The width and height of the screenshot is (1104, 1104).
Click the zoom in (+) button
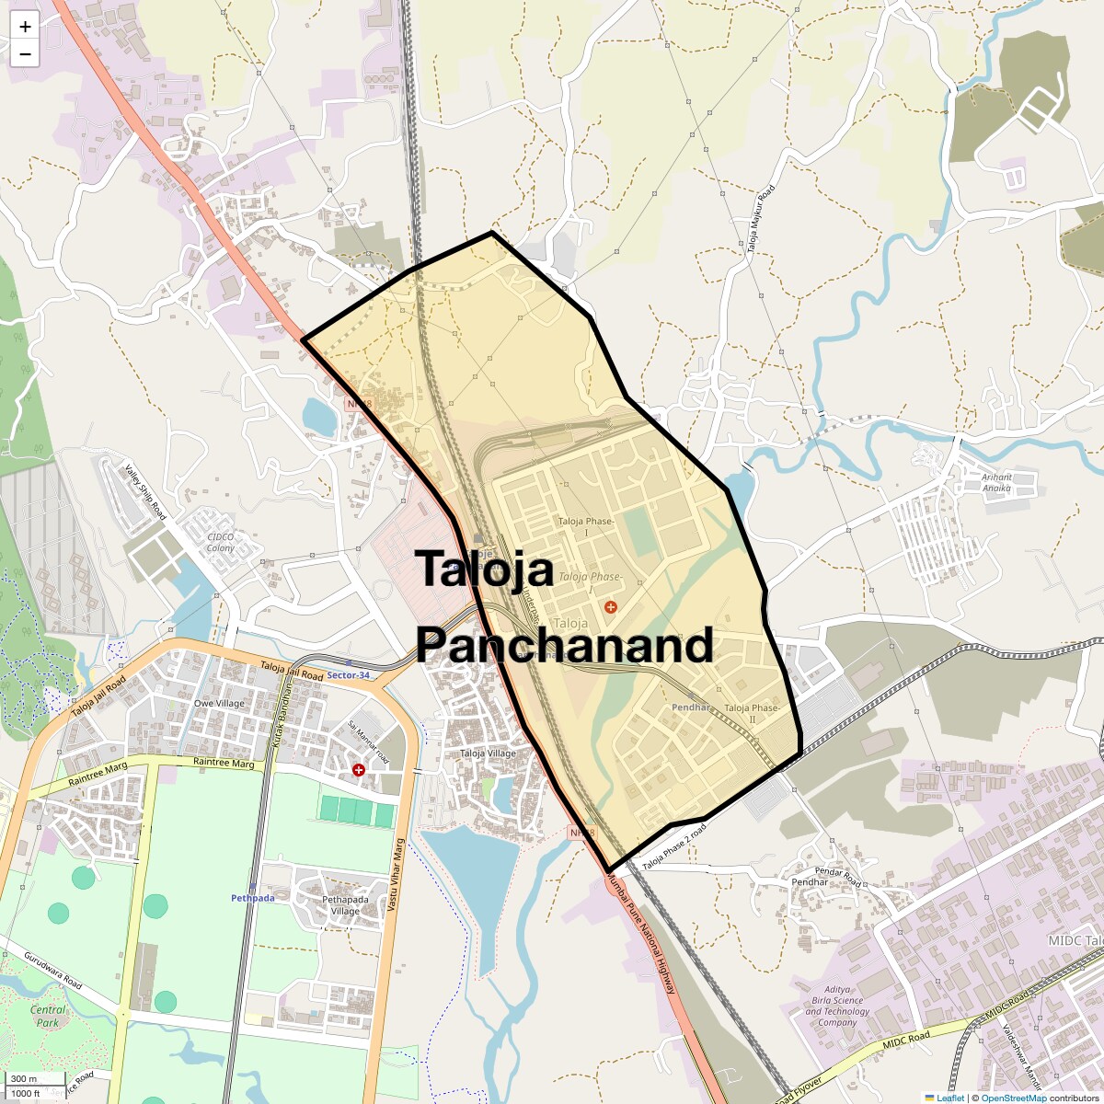click(x=25, y=27)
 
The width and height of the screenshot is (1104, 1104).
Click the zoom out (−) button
click(x=25, y=54)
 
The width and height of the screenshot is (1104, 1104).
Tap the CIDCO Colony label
click(x=221, y=542)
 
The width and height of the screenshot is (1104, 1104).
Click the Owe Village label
click(x=219, y=704)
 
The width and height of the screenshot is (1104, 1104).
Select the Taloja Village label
click(x=488, y=753)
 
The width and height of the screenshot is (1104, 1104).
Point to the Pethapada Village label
click(x=345, y=905)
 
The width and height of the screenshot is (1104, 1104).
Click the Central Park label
click(x=48, y=1016)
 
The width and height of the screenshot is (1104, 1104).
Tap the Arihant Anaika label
click(x=996, y=482)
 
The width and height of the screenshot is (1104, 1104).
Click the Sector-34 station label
click(x=348, y=675)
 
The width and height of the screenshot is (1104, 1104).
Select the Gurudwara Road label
click(x=53, y=971)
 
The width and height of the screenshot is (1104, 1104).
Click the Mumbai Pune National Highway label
click(x=641, y=935)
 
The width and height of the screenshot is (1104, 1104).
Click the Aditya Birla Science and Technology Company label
click(x=837, y=1006)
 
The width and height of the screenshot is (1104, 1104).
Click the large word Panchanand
click(x=564, y=645)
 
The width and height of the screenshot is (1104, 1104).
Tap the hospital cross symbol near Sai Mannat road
click(x=359, y=769)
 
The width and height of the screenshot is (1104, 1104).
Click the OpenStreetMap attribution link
click(x=1013, y=1098)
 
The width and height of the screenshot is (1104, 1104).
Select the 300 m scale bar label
click(x=25, y=1079)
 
